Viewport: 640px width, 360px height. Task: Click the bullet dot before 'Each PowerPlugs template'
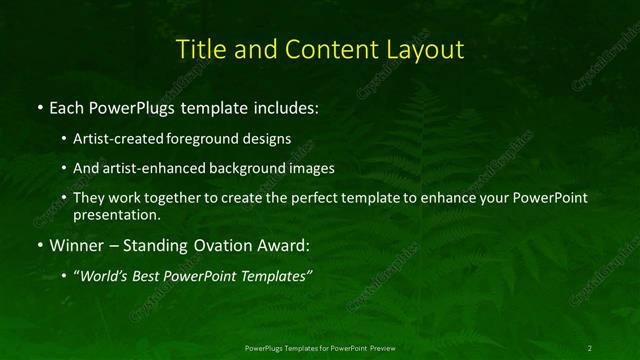pyautogui.click(x=39, y=106)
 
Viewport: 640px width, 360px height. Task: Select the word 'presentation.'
pyautogui.click(x=115, y=214)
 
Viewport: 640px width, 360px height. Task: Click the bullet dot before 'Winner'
pyautogui.click(x=39, y=245)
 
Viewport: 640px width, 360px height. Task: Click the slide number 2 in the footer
pyautogui.click(x=590, y=347)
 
